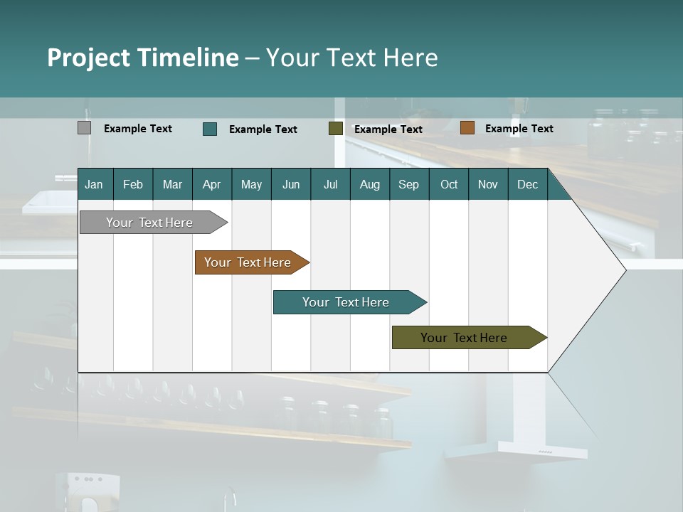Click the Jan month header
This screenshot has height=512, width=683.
[95, 184]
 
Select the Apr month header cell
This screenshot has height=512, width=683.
[212, 184]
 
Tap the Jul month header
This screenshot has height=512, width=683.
[330, 184]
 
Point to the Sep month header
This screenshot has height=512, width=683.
[408, 184]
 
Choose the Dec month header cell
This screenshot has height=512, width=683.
[527, 184]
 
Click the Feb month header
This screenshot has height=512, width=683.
[133, 184]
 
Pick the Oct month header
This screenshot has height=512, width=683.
[449, 184]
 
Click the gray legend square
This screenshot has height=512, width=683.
[84, 128]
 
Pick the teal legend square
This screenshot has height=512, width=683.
[210, 129]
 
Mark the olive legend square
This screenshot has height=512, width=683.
[336, 129]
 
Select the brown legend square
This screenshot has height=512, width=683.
[467, 128]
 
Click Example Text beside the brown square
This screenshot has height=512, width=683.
[519, 129]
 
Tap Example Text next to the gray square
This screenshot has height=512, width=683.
[137, 129]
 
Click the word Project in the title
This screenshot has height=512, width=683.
[90, 58]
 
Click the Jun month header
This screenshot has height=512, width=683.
[291, 184]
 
